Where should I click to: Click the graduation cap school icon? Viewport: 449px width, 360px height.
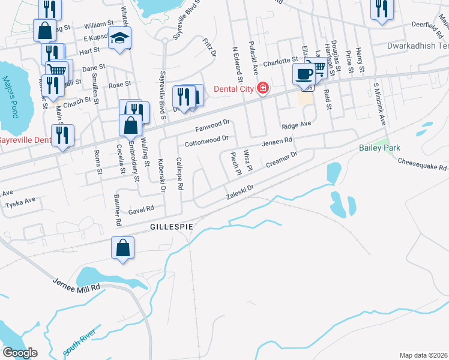pos(120,38)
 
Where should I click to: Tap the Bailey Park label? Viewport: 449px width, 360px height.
pos(379,148)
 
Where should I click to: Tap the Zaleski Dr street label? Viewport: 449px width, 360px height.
pos(240,192)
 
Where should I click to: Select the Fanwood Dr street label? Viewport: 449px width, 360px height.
pos(212,126)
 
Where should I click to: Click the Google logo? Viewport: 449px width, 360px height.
pos(20,353)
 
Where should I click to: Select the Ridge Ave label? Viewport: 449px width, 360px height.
pos(297,125)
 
